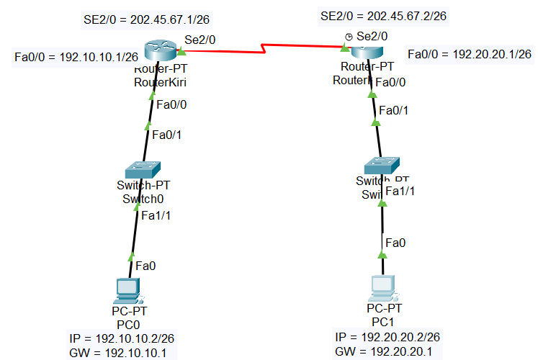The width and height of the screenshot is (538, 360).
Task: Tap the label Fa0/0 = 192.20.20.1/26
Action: coord(469,54)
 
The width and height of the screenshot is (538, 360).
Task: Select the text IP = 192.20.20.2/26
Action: coord(387,337)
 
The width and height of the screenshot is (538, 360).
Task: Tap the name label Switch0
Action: coord(144,198)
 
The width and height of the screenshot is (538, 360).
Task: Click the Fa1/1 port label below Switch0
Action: coord(156,215)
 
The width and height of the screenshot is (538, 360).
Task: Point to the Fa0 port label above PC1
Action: coord(395,243)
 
